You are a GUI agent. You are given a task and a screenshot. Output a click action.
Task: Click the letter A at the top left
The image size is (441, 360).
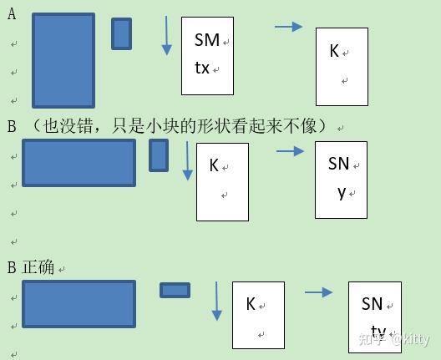[x=12, y=13]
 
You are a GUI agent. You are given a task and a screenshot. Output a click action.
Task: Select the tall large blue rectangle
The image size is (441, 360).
[x=63, y=60]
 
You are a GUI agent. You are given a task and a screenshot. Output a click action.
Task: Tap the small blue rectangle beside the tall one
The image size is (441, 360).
[x=121, y=33]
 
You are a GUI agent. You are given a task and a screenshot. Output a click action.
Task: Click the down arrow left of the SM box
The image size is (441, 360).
[x=166, y=36]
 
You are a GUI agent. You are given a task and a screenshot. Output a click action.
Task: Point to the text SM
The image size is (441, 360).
[x=207, y=40]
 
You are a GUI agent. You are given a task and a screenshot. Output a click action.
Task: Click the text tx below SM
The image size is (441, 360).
[x=202, y=68]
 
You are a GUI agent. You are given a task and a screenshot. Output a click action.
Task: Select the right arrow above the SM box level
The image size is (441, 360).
[x=288, y=27]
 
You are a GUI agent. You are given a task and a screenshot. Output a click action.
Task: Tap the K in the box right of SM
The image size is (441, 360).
[x=334, y=51]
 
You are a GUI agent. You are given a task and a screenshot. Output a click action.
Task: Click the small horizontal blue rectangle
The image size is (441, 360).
[x=175, y=290]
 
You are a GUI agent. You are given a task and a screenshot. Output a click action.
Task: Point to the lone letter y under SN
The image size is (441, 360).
[x=342, y=193]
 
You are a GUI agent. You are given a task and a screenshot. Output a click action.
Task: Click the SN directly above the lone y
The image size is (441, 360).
[x=338, y=164]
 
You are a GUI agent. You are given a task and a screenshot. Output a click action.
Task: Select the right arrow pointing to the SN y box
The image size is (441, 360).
[x=291, y=151]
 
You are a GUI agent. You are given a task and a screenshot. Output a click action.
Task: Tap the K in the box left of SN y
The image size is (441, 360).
[x=214, y=165]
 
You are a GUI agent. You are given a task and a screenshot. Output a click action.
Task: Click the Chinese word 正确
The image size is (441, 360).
[x=38, y=267]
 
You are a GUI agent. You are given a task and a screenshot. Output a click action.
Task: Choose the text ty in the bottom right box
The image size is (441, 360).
[x=378, y=332]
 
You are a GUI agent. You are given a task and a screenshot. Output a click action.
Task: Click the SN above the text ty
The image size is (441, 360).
[x=373, y=304]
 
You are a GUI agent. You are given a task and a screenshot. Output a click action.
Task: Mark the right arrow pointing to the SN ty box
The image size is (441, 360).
[x=319, y=292]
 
